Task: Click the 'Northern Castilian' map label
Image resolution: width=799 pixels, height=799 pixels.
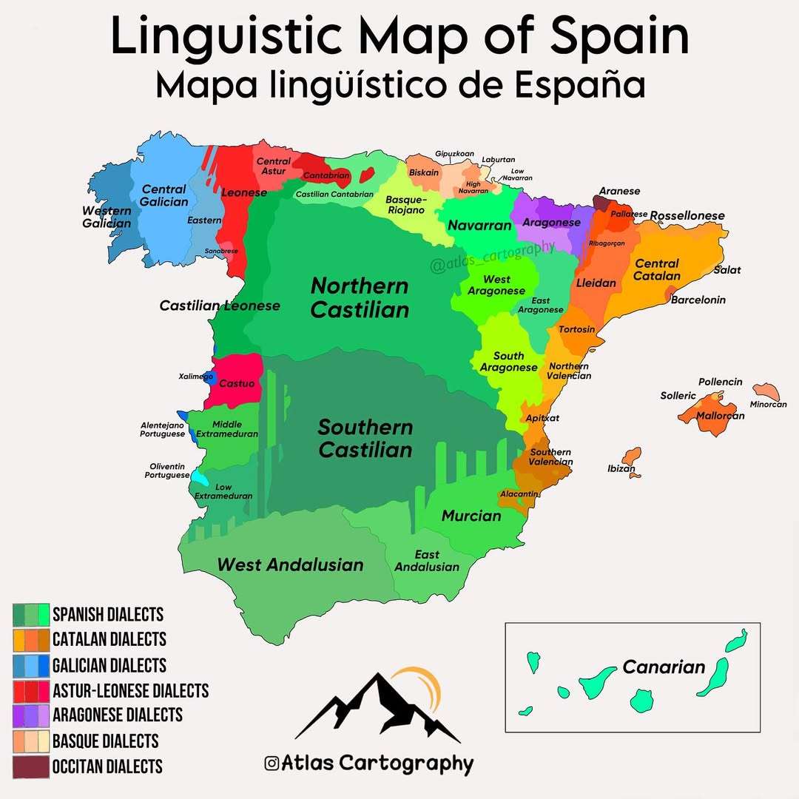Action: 360,297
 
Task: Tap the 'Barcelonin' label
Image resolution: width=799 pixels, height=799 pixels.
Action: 698,300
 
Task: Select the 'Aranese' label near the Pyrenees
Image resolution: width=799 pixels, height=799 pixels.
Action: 619,192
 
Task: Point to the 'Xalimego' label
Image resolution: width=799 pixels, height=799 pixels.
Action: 196,377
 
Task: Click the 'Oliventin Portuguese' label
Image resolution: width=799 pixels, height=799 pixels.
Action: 167,471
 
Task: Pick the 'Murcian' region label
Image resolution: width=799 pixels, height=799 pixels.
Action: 471,516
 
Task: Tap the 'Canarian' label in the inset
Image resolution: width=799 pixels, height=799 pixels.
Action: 664,667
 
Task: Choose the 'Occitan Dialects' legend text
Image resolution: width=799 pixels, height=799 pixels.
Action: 107,766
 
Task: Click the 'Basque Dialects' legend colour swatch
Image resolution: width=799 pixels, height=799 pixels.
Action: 31,741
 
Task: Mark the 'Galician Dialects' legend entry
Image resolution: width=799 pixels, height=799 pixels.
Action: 109,665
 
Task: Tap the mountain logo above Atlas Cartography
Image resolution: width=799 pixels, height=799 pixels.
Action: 377,707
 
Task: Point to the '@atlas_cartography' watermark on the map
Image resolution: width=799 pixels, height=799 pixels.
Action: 491,256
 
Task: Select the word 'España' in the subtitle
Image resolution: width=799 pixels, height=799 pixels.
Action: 582,85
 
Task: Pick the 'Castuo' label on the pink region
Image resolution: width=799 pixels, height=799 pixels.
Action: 237,384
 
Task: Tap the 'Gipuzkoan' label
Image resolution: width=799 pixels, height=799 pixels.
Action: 454,154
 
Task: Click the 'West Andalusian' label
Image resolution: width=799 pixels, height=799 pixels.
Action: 290,565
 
